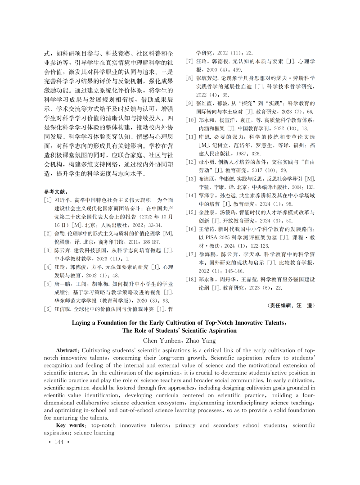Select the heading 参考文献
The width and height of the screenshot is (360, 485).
56,191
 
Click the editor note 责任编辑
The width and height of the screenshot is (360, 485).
283,305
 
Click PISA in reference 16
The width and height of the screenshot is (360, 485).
209,237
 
